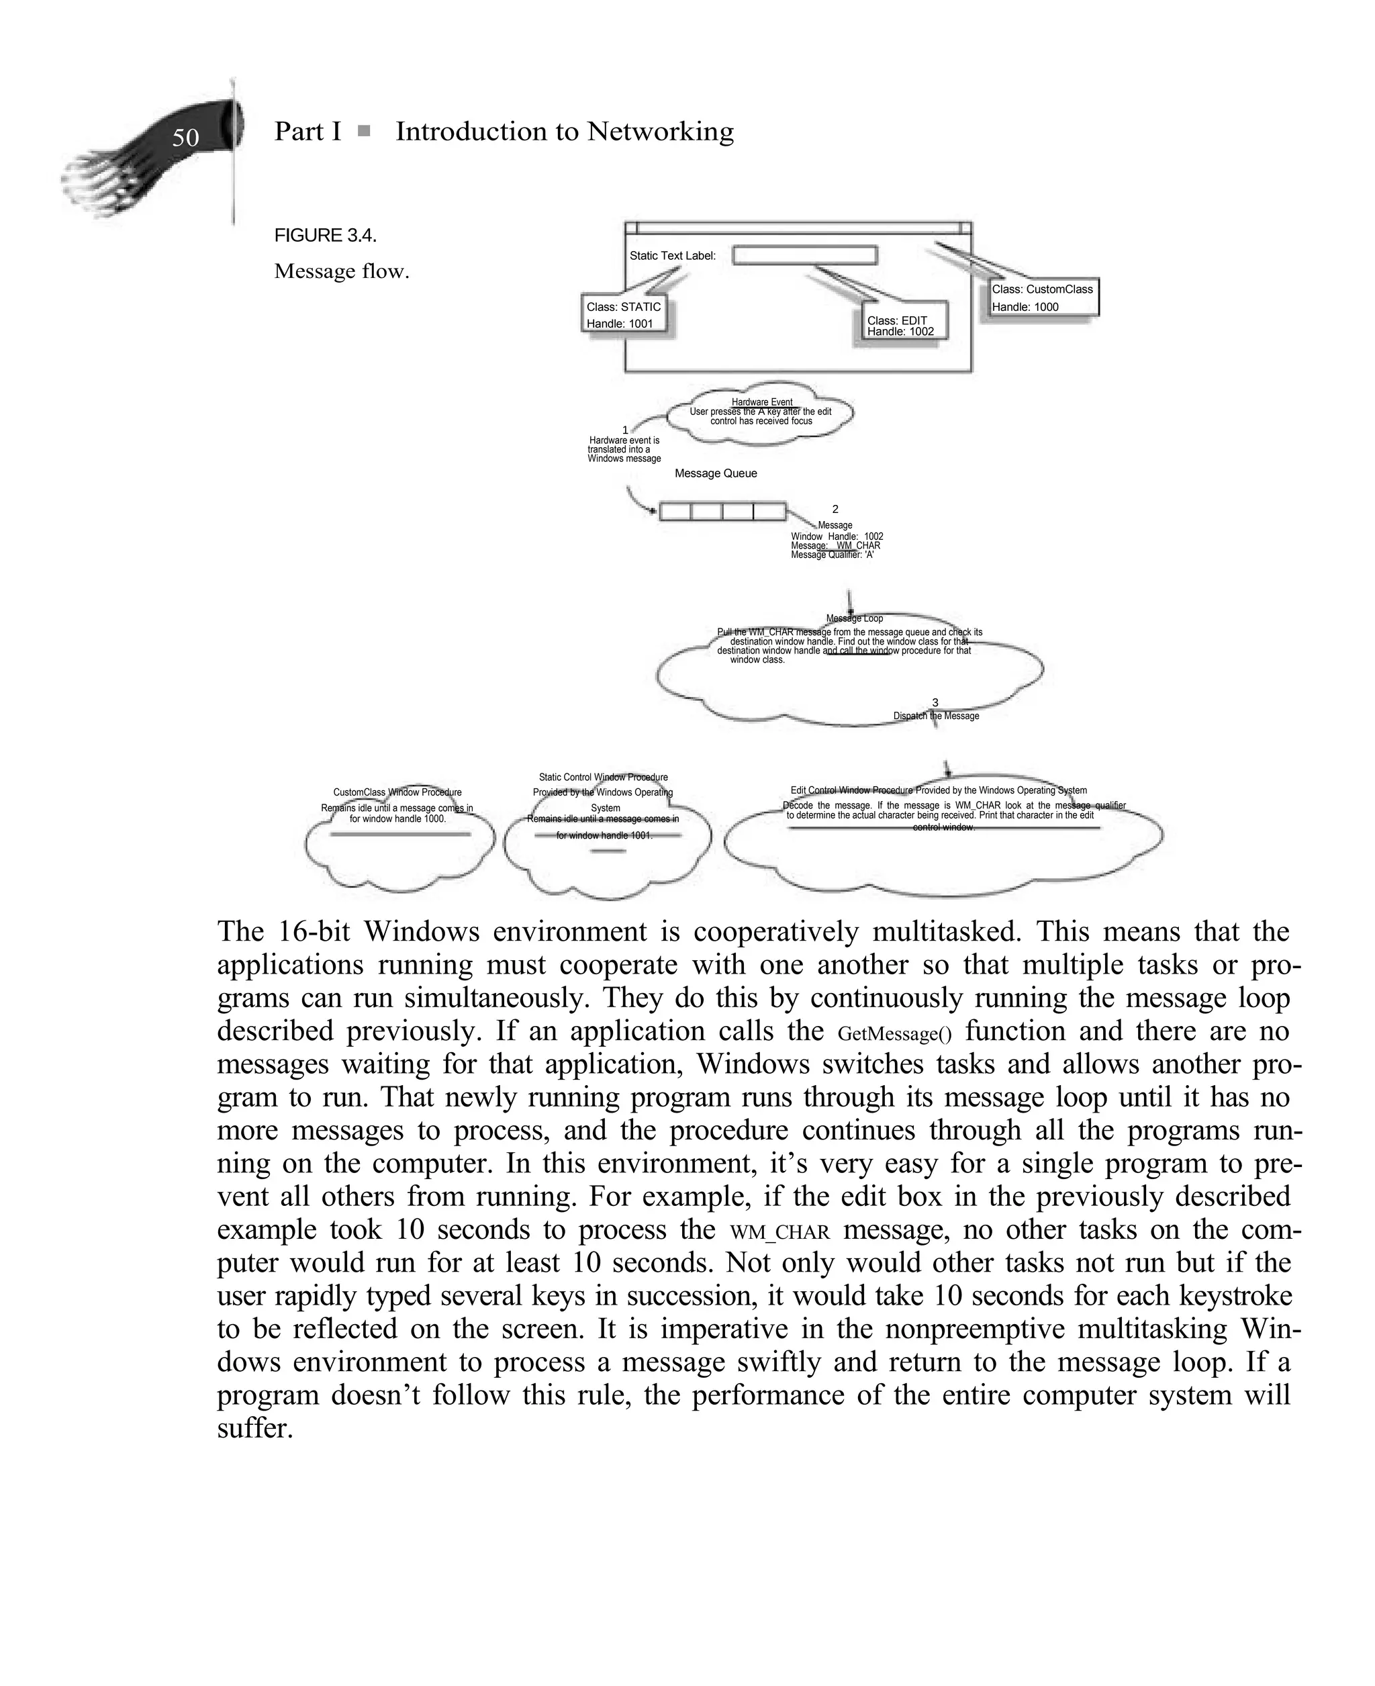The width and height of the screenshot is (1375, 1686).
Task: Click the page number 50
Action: coord(185,138)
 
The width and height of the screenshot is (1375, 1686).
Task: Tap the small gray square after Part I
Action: coord(363,131)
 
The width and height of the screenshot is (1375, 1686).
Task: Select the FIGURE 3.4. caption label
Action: coord(326,235)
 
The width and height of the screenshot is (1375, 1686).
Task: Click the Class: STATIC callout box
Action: coord(623,314)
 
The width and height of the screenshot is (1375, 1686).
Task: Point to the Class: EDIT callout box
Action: coord(900,326)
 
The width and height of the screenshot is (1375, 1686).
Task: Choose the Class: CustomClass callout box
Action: coord(1043,297)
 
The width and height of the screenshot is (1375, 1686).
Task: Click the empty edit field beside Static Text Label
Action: coord(805,255)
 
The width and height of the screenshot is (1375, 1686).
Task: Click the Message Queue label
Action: coord(715,473)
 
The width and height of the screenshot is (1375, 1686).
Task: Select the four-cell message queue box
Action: coord(722,512)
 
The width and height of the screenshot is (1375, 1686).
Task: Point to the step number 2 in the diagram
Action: coord(835,509)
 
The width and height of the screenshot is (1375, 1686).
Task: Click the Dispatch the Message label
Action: coord(936,716)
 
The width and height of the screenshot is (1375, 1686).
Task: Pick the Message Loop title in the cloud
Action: coord(854,618)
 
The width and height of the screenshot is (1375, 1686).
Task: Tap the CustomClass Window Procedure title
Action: coord(397,792)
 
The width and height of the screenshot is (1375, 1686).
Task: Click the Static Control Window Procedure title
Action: coord(603,778)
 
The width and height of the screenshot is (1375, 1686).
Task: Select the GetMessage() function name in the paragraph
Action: coord(894,1033)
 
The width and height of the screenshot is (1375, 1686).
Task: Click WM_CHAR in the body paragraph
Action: coord(779,1232)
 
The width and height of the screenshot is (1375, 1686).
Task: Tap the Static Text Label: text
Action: coord(673,256)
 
